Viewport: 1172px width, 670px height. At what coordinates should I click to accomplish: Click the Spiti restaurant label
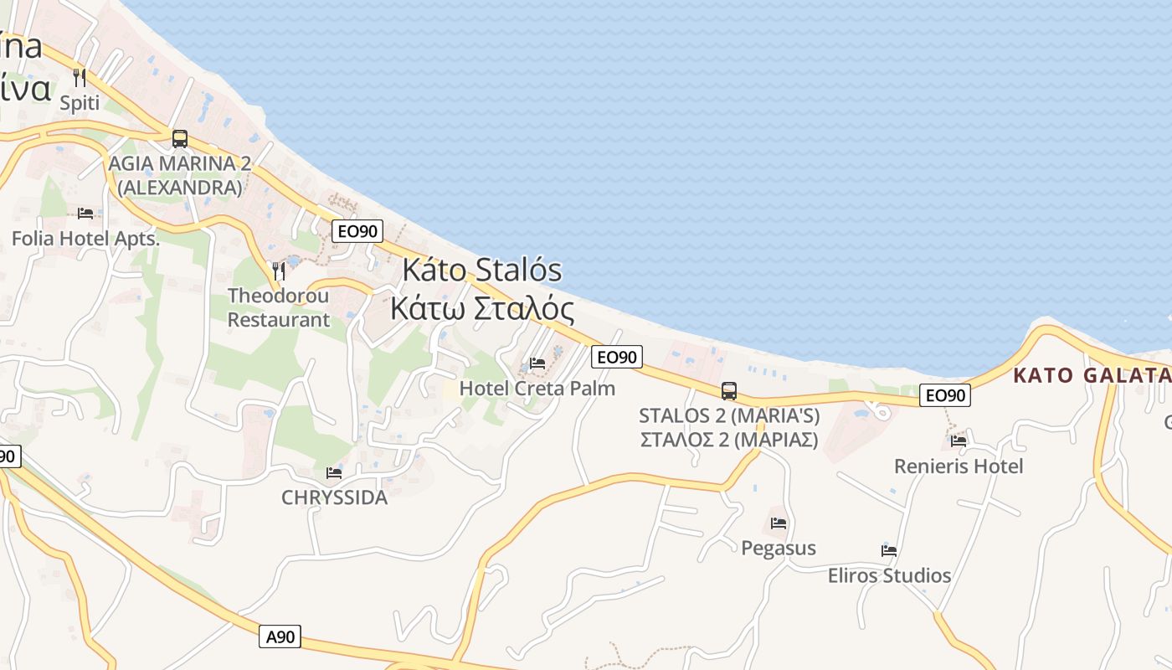pyautogui.click(x=80, y=103)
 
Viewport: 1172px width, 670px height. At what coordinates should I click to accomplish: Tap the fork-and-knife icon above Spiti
pyautogui.click(x=80, y=78)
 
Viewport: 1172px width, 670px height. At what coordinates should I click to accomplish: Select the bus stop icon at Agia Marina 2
pyautogui.click(x=179, y=138)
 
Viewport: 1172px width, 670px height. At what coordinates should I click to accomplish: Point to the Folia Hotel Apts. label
pyautogui.click(x=85, y=239)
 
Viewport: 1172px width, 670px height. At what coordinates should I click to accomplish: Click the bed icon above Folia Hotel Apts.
pyautogui.click(x=85, y=214)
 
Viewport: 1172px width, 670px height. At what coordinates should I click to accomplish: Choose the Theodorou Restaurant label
pyautogui.click(x=279, y=307)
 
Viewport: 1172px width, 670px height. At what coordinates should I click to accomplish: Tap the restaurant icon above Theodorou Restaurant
pyautogui.click(x=279, y=271)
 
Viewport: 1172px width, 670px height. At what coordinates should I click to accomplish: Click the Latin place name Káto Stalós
pyautogui.click(x=482, y=271)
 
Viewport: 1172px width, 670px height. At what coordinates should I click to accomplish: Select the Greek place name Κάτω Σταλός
pyautogui.click(x=482, y=309)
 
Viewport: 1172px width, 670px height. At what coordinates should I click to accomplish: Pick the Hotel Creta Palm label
pyautogui.click(x=537, y=389)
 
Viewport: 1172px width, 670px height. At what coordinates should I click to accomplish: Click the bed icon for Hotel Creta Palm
pyautogui.click(x=537, y=363)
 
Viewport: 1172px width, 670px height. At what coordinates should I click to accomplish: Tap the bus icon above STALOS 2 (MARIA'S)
pyautogui.click(x=729, y=390)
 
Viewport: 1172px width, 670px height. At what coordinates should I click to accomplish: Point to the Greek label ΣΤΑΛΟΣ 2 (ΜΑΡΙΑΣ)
pyautogui.click(x=729, y=439)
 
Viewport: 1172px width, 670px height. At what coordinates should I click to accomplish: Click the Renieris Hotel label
pyautogui.click(x=959, y=466)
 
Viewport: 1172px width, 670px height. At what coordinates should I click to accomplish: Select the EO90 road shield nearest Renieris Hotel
pyautogui.click(x=944, y=395)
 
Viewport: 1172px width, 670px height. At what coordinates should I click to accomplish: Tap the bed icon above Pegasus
pyautogui.click(x=779, y=523)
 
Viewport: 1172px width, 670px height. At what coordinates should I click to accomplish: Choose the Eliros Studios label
pyautogui.click(x=889, y=575)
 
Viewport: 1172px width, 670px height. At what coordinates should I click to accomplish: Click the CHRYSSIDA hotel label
pyautogui.click(x=334, y=497)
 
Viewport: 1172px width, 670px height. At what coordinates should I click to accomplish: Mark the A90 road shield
pyautogui.click(x=280, y=636)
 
